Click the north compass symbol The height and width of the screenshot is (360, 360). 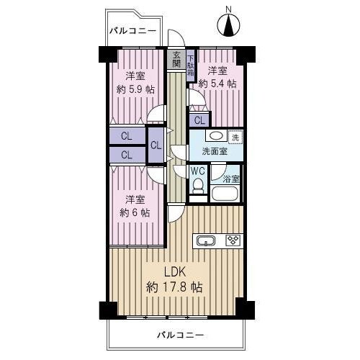228,25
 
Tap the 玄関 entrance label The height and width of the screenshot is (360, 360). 176,60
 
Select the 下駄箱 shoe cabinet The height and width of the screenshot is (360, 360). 191,66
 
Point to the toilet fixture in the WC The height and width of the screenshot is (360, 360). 198,186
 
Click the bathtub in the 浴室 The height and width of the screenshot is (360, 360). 225,194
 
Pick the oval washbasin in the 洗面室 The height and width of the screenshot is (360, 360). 216,136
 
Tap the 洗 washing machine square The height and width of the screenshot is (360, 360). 235,137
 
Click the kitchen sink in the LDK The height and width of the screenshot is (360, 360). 206,240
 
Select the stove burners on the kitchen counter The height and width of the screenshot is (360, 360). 233,240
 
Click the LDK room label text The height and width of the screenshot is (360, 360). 175,272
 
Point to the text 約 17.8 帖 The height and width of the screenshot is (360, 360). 174,287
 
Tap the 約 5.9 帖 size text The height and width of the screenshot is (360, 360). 135,90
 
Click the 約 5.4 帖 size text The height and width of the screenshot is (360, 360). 217,84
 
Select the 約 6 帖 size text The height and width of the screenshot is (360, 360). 135,212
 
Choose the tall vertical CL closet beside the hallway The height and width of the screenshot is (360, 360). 156,145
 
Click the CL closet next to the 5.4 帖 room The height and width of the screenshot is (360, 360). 199,120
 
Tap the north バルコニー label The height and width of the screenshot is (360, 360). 133,31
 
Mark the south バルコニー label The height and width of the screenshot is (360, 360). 181,335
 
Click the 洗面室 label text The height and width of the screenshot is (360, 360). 215,151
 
